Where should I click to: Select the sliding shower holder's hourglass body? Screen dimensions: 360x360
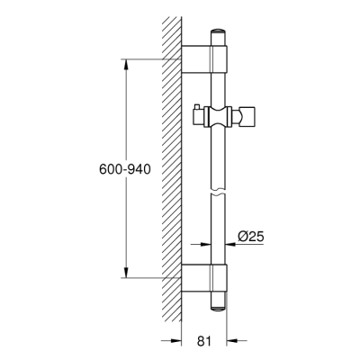220,115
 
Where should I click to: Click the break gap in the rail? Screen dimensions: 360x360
220,193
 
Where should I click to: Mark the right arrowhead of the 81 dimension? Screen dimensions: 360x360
233,340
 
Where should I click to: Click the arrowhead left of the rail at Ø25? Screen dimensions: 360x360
207,244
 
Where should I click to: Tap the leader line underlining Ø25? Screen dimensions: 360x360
252,244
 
